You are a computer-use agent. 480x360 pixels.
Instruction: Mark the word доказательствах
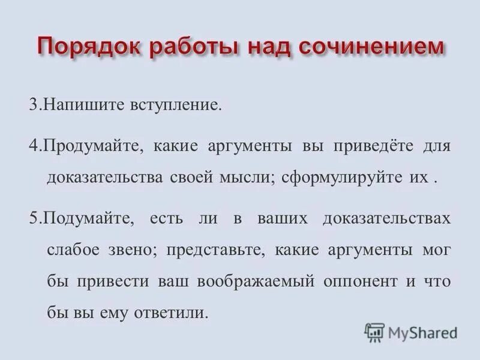click(387, 217)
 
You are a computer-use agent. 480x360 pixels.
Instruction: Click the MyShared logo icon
click(374, 332)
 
